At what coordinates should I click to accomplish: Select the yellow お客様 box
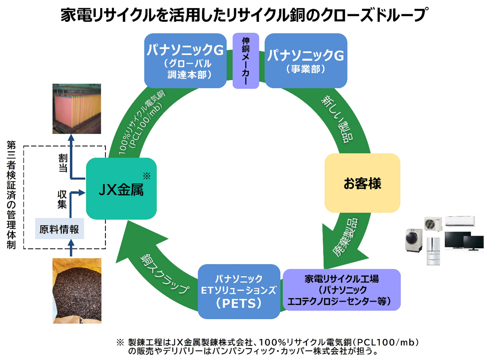click(x=362, y=183)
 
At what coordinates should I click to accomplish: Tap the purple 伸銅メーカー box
click(x=245, y=61)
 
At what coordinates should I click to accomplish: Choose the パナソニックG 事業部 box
click(x=306, y=61)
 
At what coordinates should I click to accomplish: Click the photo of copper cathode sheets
click(x=77, y=109)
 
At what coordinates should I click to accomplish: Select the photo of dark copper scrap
click(x=77, y=291)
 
